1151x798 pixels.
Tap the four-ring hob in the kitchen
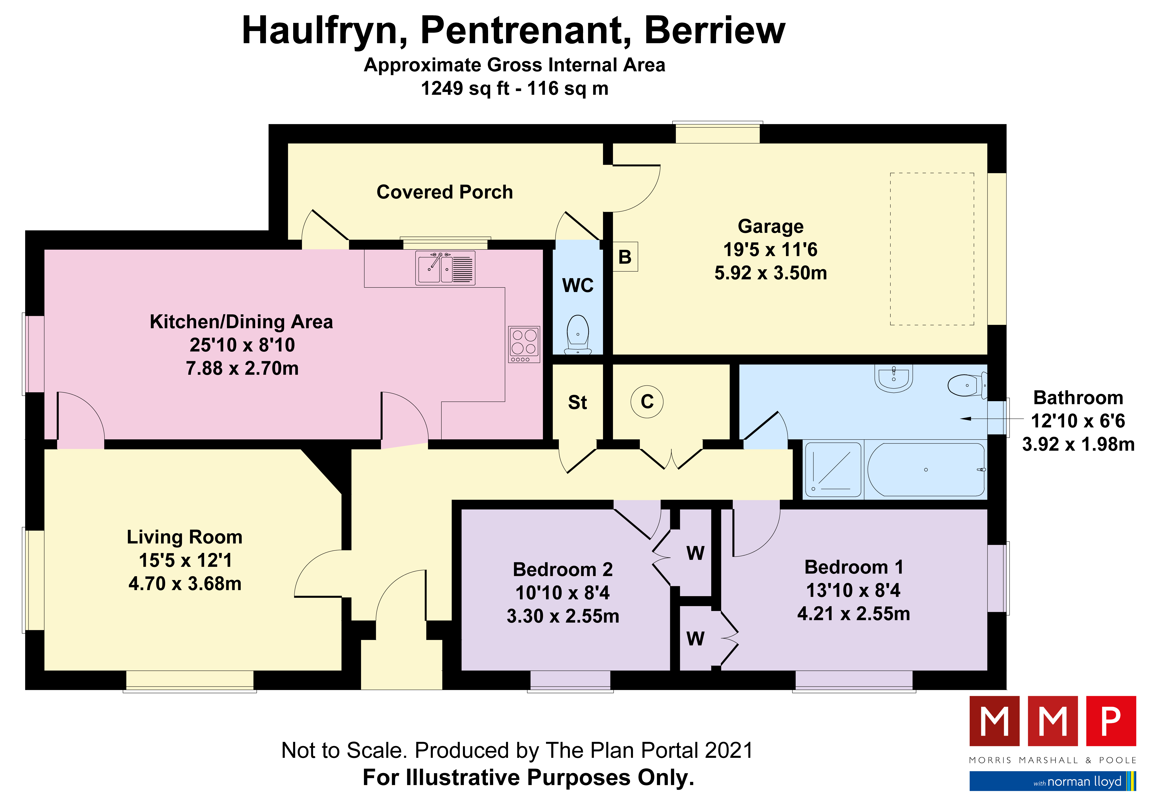(524, 344)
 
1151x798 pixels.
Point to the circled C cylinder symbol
(647, 402)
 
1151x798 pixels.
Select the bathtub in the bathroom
(926, 469)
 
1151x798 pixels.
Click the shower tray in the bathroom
(833, 469)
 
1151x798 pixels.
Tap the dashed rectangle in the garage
(932, 249)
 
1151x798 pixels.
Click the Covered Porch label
(444, 192)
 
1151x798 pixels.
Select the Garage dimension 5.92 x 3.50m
(770, 273)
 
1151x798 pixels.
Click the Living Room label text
(184, 537)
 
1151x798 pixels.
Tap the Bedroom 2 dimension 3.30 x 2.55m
(563, 616)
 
